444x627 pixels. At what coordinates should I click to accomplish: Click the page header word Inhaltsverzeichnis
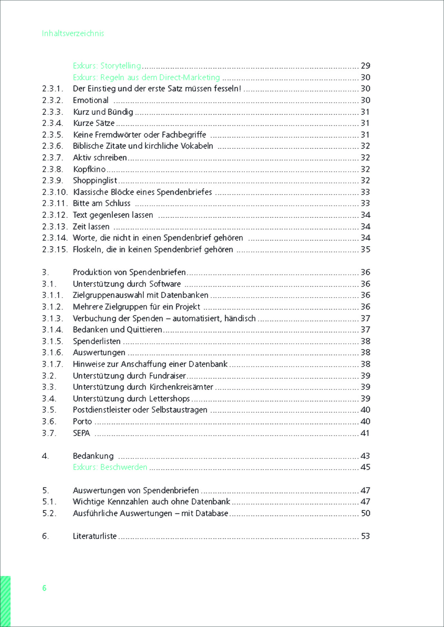[73, 33]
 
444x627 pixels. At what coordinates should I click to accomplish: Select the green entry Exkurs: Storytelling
[107, 66]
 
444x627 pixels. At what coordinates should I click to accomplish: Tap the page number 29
[365, 66]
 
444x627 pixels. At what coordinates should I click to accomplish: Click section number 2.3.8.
[52, 169]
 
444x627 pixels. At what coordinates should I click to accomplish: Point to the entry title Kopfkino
[90, 169]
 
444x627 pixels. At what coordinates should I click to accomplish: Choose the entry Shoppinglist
[95, 181]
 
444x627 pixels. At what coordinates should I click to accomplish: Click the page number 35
[365, 250]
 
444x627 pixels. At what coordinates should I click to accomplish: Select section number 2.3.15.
[55, 250]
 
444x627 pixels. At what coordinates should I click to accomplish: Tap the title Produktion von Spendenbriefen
[129, 272]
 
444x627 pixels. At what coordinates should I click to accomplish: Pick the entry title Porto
[82, 421]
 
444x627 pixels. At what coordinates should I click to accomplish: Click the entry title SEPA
[81, 433]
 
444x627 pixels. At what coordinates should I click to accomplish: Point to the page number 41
[365, 433]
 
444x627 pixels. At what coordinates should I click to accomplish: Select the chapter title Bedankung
[93, 456]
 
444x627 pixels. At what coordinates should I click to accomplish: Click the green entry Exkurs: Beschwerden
[110, 467]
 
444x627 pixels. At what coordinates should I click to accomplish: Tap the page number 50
[365, 513]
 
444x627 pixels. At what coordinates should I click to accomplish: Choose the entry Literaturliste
[95, 536]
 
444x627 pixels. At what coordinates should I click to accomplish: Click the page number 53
[365, 536]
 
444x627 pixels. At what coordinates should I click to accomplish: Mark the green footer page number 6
[44, 588]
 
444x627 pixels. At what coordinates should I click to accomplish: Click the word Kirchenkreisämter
[181, 387]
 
